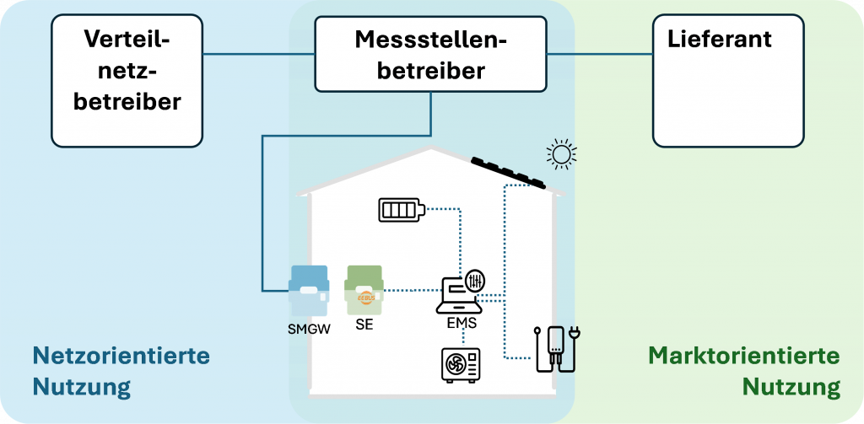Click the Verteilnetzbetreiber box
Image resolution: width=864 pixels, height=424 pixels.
tap(127, 80)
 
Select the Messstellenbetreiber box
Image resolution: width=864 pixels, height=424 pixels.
tap(430, 53)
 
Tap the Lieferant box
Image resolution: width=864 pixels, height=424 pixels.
tap(728, 80)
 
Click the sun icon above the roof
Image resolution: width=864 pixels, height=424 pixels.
tap(561, 153)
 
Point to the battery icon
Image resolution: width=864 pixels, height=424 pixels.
tap(402, 210)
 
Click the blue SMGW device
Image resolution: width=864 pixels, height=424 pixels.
tap(309, 291)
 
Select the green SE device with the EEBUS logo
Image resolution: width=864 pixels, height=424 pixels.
tap(364, 290)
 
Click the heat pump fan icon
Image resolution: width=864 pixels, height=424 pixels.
tap(461, 365)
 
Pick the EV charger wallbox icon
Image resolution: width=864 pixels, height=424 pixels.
tap(558, 350)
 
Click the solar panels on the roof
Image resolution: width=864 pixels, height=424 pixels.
tap(509, 172)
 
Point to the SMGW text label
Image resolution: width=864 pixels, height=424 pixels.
tap(309, 330)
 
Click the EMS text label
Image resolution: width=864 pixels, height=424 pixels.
tap(462, 323)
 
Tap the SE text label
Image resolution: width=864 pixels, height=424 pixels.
tap(364, 325)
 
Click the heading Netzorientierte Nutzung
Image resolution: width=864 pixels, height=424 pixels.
tap(121, 371)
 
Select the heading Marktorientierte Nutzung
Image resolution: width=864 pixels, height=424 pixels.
tap(744, 371)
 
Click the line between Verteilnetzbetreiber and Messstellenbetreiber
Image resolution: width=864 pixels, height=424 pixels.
tap(258, 54)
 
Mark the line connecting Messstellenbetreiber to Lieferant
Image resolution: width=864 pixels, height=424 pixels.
tap(600, 54)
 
